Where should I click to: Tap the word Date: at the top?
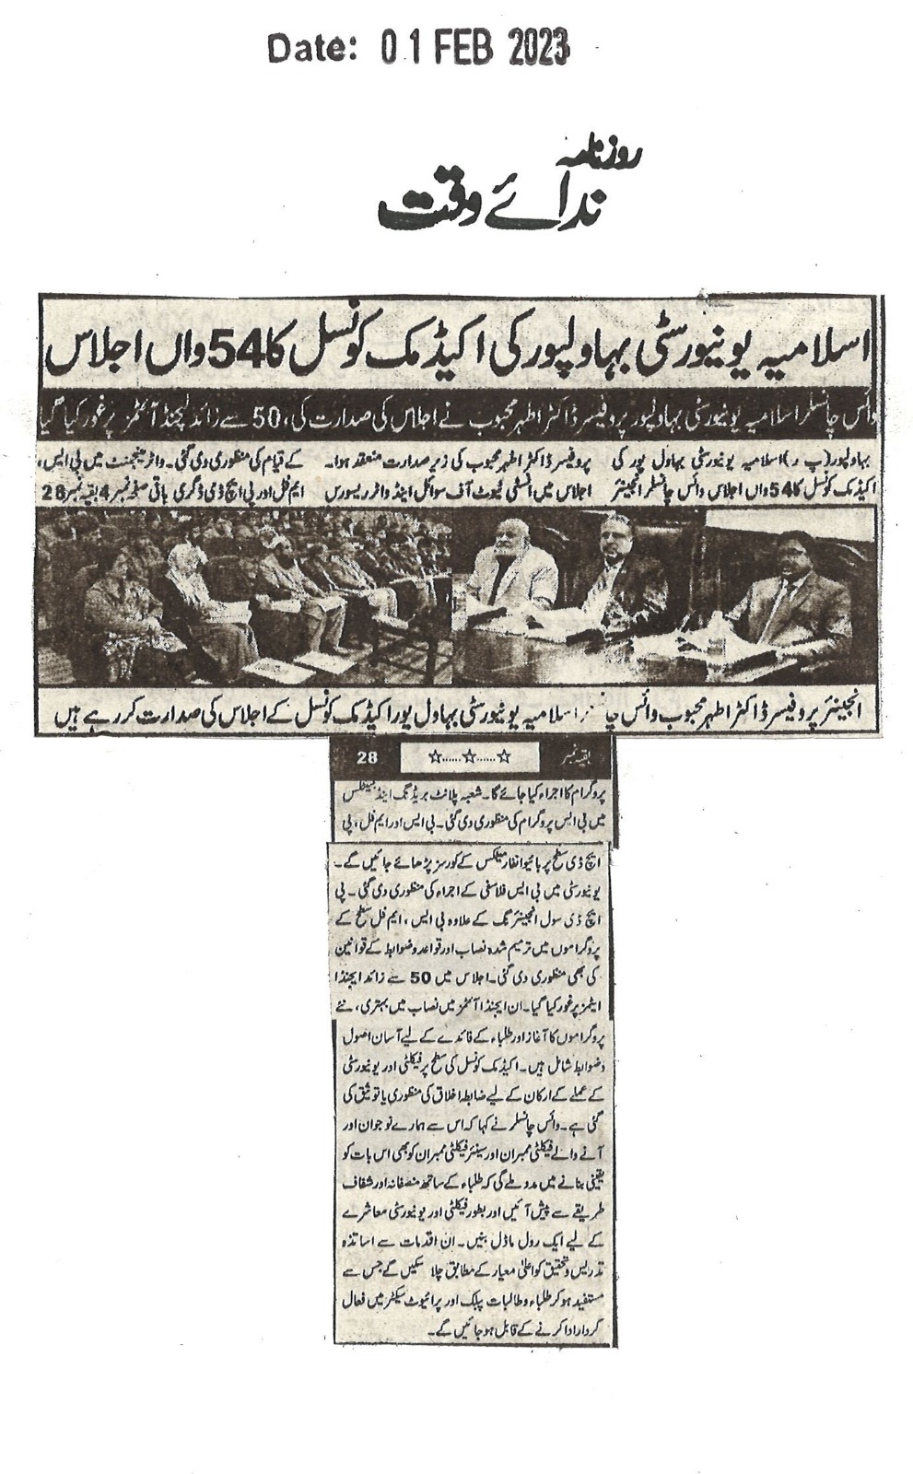click(x=310, y=48)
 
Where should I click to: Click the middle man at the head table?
click(x=624, y=580)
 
